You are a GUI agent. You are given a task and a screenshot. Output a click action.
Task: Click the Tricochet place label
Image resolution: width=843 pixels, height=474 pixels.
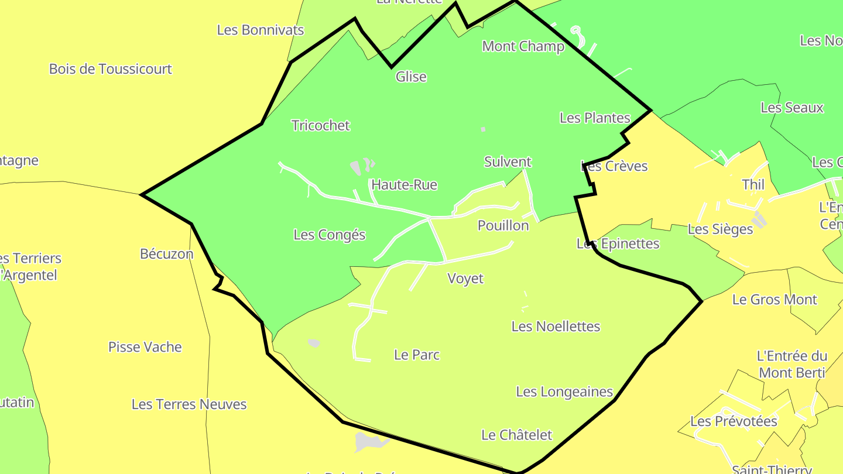coord(320,125)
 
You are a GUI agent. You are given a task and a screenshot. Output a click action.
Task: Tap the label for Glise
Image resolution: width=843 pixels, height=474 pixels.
coord(411,77)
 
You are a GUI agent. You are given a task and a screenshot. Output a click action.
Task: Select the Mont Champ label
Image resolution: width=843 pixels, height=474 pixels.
coord(523,46)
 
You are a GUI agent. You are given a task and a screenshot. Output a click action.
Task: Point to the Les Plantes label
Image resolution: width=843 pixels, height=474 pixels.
coord(595,118)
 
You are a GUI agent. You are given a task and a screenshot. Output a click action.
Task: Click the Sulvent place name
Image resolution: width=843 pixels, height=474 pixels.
coord(508,162)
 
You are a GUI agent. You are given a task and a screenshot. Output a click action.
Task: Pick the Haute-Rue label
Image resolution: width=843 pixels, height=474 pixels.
coord(404,185)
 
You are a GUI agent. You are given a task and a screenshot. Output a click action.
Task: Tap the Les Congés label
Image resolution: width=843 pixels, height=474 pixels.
coord(329,235)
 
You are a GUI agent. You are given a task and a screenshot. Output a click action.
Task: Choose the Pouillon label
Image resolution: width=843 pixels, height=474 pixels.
coord(503,225)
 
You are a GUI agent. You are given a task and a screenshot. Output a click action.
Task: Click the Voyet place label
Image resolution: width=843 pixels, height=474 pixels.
coord(465,279)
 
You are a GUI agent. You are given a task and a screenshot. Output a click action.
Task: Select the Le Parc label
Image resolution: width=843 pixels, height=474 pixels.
coord(417,355)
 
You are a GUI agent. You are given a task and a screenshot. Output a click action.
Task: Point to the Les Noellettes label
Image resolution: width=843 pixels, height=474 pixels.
coord(556,326)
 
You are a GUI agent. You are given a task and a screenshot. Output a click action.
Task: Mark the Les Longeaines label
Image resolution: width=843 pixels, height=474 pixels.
coord(564,391)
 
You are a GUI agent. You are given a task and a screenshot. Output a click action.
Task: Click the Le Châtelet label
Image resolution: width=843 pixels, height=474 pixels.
coord(516,435)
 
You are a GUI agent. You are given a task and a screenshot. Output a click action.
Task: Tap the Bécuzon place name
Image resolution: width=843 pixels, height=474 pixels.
coord(166,253)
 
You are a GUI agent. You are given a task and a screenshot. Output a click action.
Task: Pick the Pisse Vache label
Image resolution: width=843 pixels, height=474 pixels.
coord(145,347)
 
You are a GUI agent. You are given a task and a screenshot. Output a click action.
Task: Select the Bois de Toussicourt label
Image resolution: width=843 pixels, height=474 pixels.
coord(110,69)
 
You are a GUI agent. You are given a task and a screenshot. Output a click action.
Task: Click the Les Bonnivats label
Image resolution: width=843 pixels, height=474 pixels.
coord(261,30)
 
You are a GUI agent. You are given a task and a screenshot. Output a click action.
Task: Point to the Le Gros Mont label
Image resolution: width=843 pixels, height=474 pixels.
coord(775,300)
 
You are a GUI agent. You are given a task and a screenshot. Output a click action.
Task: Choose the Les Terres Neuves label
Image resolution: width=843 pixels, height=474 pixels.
coord(189,404)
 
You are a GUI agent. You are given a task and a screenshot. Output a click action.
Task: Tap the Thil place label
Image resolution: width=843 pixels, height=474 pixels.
coord(753,184)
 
